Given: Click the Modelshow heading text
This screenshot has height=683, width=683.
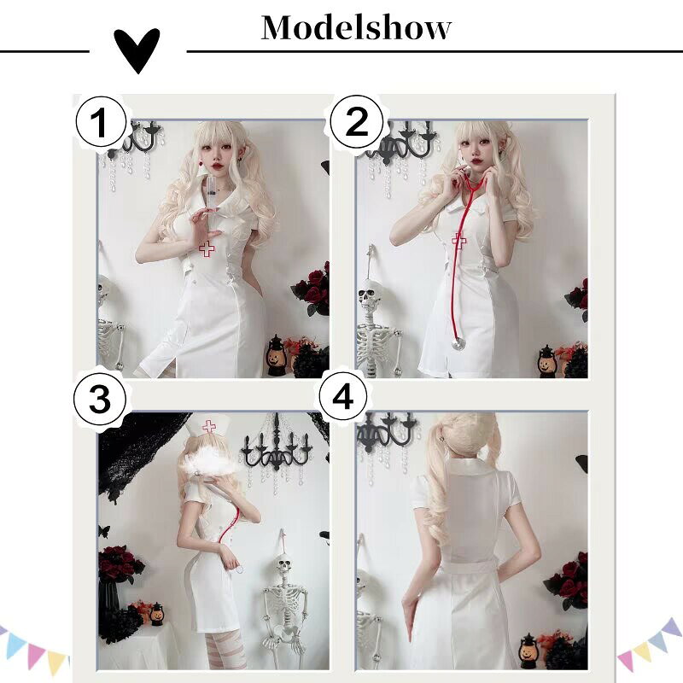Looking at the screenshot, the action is (x=356, y=27).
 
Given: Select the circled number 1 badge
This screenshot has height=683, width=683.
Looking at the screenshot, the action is (x=101, y=121).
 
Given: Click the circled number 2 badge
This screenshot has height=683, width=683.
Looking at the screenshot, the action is (x=357, y=121).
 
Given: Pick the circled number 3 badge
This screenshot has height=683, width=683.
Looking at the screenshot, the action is (x=100, y=399).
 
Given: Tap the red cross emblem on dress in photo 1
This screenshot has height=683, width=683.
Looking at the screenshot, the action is (x=207, y=249).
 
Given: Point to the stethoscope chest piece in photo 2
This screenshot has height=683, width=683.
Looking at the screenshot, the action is (x=458, y=344).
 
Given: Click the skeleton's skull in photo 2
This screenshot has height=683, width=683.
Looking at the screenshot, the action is (x=369, y=294).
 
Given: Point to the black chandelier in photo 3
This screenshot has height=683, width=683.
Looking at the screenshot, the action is (x=277, y=449).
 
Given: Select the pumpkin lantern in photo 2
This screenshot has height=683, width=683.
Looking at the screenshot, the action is (x=546, y=361).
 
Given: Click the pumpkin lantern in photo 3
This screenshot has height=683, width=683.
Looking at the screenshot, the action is (x=157, y=613).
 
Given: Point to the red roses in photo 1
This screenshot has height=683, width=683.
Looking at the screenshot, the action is (x=312, y=288).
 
